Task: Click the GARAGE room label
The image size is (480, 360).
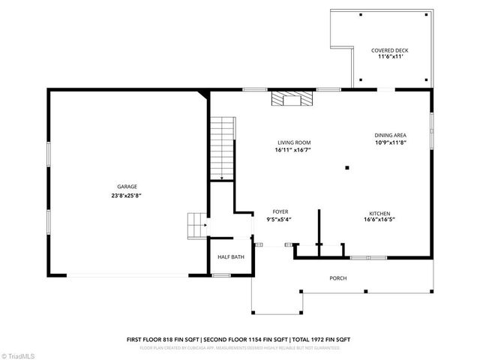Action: [x=127, y=187]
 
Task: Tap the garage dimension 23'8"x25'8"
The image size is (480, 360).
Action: [x=127, y=195]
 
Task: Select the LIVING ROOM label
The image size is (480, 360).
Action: [x=294, y=142]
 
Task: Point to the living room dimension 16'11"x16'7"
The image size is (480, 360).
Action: [x=294, y=150]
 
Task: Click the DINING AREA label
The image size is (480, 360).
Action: [x=390, y=135]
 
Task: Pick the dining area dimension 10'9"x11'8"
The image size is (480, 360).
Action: [x=390, y=142]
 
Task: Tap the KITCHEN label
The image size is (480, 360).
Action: [x=379, y=213]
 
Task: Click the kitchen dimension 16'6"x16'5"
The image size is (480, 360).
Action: [x=379, y=220]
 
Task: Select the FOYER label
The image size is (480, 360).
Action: [x=280, y=211]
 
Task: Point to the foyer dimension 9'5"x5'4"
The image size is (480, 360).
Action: [x=280, y=220]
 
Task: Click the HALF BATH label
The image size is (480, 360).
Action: [x=231, y=257]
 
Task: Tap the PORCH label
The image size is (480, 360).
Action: [x=338, y=278]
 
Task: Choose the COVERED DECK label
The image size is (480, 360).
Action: [x=389, y=50]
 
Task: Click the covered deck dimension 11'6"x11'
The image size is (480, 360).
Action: [x=389, y=57]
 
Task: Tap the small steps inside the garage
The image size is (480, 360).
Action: [x=195, y=223]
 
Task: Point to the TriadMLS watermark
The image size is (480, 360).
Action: [x=20, y=353]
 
